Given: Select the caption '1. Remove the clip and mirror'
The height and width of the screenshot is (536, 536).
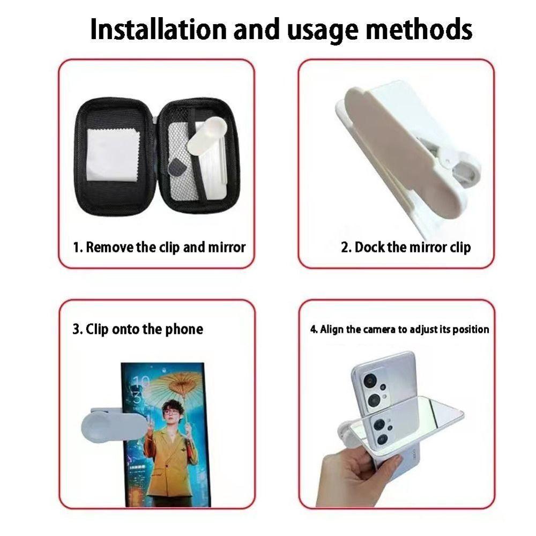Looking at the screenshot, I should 159,247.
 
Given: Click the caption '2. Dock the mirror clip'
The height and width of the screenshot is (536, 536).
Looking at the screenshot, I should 406,247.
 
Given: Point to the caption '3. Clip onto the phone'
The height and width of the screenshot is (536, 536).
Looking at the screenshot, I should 138,329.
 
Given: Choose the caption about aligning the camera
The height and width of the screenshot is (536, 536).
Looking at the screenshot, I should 400,329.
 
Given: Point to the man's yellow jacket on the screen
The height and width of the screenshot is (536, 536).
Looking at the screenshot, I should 169,456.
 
